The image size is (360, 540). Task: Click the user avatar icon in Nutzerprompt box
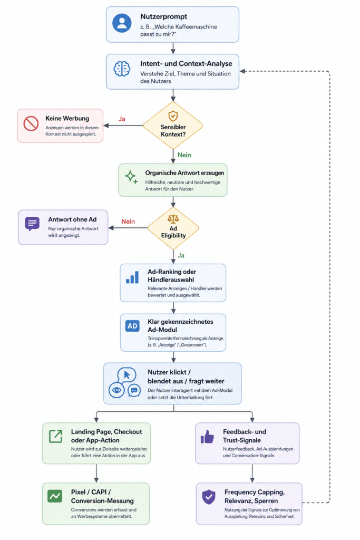[122, 23]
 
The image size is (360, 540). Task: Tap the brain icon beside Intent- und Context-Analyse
[122, 69]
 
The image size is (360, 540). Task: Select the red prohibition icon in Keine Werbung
[31, 123]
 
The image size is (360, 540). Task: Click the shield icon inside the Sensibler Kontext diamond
[173, 115]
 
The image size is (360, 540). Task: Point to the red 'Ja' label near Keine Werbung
[122, 119]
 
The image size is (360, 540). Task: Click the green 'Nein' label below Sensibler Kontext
[184, 155]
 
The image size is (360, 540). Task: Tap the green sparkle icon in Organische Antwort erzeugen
[131, 177]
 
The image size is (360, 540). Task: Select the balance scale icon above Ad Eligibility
[173, 219]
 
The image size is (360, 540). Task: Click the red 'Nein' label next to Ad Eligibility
[128, 221]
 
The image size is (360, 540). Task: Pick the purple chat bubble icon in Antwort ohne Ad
[32, 224]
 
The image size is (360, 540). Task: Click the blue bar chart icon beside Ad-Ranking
[132, 277]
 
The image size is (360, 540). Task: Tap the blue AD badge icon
[132, 326]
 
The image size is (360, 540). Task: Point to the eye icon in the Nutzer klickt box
[116, 390]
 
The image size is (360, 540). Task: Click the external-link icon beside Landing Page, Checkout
[55, 436]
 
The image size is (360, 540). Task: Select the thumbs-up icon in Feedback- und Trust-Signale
[207, 437]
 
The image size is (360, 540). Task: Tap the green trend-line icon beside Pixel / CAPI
[55, 496]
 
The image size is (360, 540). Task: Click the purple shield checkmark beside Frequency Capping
[209, 497]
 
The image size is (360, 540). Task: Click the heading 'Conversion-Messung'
[102, 501]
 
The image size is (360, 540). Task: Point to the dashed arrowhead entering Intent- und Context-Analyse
[242, 71]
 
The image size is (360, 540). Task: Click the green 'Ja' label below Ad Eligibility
[181, 255]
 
